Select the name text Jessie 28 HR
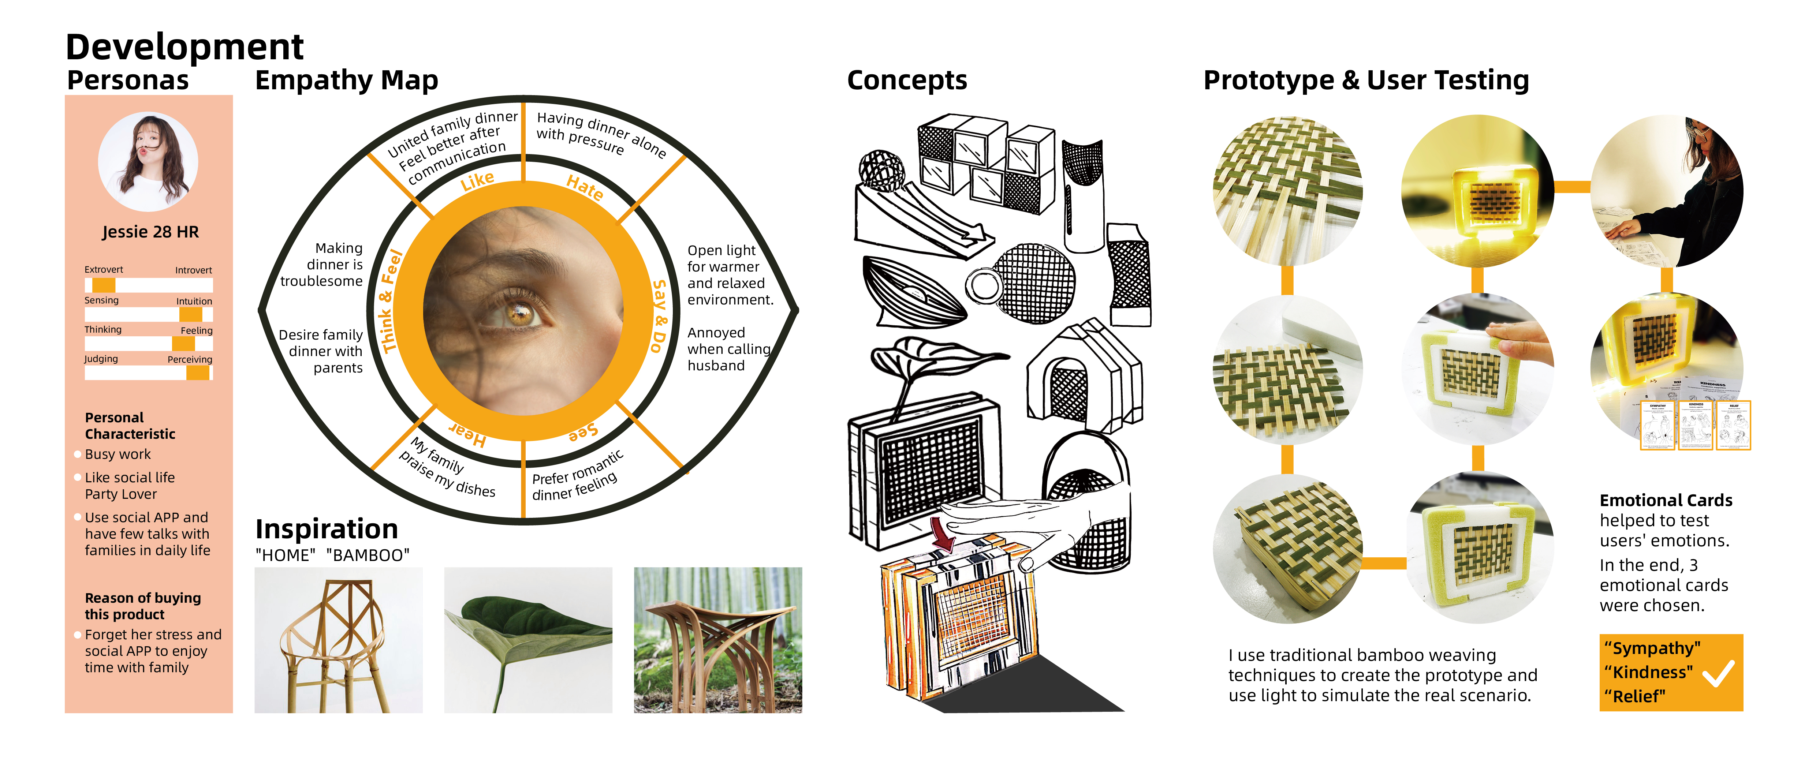click(150, 232)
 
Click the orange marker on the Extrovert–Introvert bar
click(104, 285)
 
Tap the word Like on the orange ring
click(477, 181)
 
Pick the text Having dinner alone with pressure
click(599, 134)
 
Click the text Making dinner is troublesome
click(323, 264)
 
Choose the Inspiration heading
click(327, 528)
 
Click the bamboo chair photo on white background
click(338, 640)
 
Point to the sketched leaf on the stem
click(937, 356)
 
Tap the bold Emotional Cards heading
click(1665, 500)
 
